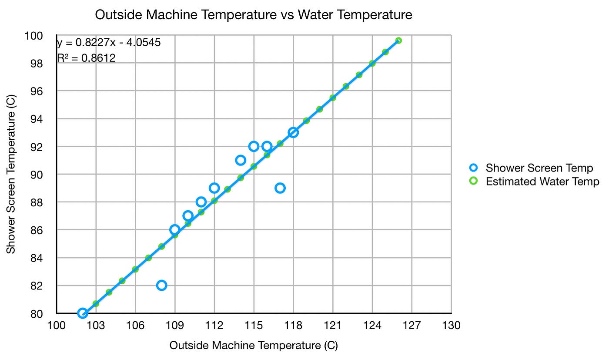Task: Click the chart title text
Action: (x=253, y=15)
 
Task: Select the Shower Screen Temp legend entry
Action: (x=539, y=168)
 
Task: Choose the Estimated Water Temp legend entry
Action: (x=542, y=181)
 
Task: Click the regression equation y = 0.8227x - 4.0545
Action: (x=109, y=42)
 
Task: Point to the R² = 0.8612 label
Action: (x=86, y=57)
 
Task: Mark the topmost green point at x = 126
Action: (x=398, y=40)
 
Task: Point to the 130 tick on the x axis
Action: (x=451, y=325)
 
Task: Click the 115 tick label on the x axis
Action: (x=254, y=325)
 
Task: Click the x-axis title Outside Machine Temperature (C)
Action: (x=253, y=346)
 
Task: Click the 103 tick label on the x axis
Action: (x=96, y=325)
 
